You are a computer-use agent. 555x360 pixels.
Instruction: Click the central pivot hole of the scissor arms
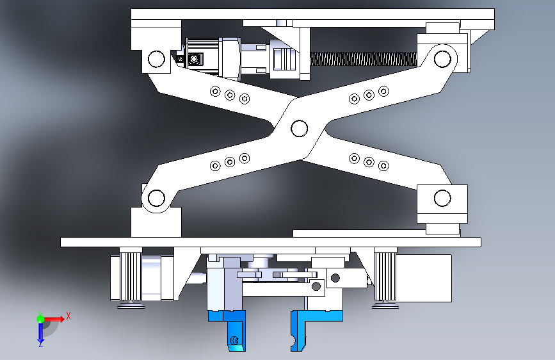(298, 128)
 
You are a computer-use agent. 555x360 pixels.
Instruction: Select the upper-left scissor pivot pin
(156, 60)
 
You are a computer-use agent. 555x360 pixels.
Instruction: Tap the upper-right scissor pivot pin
(442, 59)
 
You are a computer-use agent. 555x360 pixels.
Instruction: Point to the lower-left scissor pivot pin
(154, 197)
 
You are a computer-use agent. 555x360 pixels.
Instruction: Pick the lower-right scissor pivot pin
(442, 197)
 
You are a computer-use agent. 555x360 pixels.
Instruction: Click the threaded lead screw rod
(362, 59)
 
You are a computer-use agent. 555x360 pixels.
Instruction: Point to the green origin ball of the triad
(40, 318)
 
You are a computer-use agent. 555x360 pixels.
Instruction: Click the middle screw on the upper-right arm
(369, 95)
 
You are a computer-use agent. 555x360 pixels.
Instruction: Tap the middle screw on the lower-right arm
(369, 161)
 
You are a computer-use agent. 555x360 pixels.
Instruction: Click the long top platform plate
(312, 15)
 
